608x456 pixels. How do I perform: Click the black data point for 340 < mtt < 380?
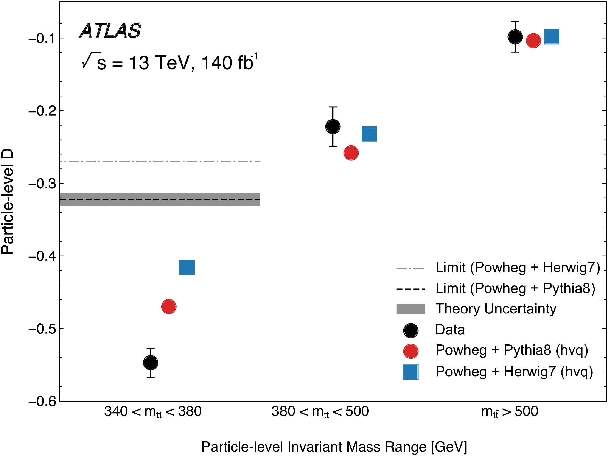pyautogui.click(x=151, y=363)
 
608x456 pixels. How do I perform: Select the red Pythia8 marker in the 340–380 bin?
pyautogui.click(x=169, y=306)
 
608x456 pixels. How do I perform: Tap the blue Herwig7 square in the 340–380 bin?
pyautogui.click(x=187, y=267)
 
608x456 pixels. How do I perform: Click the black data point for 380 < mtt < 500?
pyautogui.click(x=333, y=127)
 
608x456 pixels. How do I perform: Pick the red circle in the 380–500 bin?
pyautogui.click(x=351, y=153)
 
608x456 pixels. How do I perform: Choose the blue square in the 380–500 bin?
pyautogui.click(x=369, y=134)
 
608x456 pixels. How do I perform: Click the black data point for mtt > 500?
pyautogui.click(x=515, y=36)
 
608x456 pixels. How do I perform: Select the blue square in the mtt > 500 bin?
pyautogui.click(x=552, y=36)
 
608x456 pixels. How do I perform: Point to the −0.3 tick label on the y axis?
pyautogui.click(x=42, y=184)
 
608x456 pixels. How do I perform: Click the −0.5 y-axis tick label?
pyautogui.click(x=42, y=329)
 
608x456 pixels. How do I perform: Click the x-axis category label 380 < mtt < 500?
pyautogui.click(x=320, y=412)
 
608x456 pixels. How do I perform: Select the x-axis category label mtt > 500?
pyautogui.click(x=509, y=412)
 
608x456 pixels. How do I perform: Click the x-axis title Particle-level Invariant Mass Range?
pyautogui.click(x=334, y=447)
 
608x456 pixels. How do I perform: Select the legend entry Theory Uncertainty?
pyautogui.click(x=496, y=309)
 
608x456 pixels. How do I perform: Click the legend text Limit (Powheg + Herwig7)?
pyautogui.click(x=518, y=267)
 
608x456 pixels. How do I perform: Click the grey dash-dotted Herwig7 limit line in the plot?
pyautogui.click(x=160, y=162)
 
